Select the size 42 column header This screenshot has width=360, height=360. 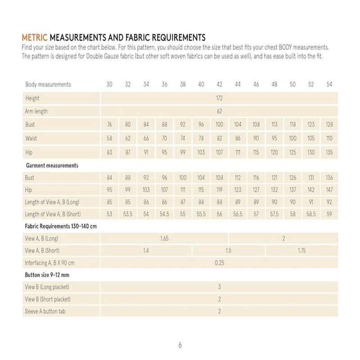click(220, 85)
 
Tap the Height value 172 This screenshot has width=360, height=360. click(220, 98)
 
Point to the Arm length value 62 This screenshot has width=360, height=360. click(220, 111)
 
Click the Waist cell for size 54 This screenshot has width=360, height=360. click(329, 138)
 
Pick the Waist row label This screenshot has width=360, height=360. click(31, 138)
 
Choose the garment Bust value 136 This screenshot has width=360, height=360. click(329, 178)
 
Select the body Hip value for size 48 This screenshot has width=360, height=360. click(274, 152)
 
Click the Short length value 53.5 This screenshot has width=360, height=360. click(128, 213)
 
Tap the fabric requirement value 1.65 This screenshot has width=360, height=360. click(164, 238)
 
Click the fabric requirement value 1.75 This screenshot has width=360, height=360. click(301, 250)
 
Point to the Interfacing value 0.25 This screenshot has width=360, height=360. click(220, 262)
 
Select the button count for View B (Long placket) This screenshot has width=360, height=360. click(220, 287)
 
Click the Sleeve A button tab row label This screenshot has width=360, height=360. click(46, 311)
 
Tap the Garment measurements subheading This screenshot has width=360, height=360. click(52, 166)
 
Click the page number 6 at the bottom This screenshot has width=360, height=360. click(180, 345)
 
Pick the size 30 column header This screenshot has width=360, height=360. click(110, 85)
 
